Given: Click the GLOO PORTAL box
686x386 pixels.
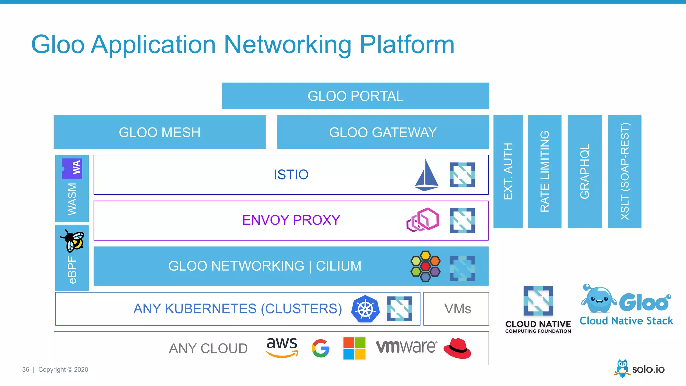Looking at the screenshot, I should click(x=355, y=96).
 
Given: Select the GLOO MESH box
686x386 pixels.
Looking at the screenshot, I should click(x=159, y=132).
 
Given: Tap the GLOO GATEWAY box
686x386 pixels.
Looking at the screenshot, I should click(x=383, y=132).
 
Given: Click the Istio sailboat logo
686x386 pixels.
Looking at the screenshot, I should click(x=426, y=175).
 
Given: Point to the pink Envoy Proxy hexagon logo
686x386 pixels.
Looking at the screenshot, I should click(x=423, y=220).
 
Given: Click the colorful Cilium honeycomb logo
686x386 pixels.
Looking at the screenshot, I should click(x=425, y=266).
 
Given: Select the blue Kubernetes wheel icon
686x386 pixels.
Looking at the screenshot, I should click(x=365, y=309).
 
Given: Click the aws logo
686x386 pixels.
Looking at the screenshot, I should click(x=282, y=347).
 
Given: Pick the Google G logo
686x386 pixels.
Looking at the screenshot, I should click(x=321, y=348).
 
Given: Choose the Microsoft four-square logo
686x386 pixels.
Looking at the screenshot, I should click(x=354, y=348).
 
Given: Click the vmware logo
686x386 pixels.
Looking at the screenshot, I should click(x=406, y=347).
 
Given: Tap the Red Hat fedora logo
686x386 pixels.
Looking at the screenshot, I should click(x=457, y=348).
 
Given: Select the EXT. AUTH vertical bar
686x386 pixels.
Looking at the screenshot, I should click(x=508, y=171).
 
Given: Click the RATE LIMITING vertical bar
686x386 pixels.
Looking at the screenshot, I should click(x=544, y=171).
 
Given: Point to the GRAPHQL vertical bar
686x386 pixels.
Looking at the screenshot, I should click(x=585, y=171).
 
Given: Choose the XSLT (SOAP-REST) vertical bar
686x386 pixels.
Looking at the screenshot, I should click(x=624, y=171).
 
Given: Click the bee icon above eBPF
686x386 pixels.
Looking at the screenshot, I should click(x=73, y=241).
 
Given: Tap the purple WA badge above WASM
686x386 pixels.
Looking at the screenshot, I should click(x=72, y=168).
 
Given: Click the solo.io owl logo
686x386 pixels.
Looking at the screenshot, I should click(x=622, y=368).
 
